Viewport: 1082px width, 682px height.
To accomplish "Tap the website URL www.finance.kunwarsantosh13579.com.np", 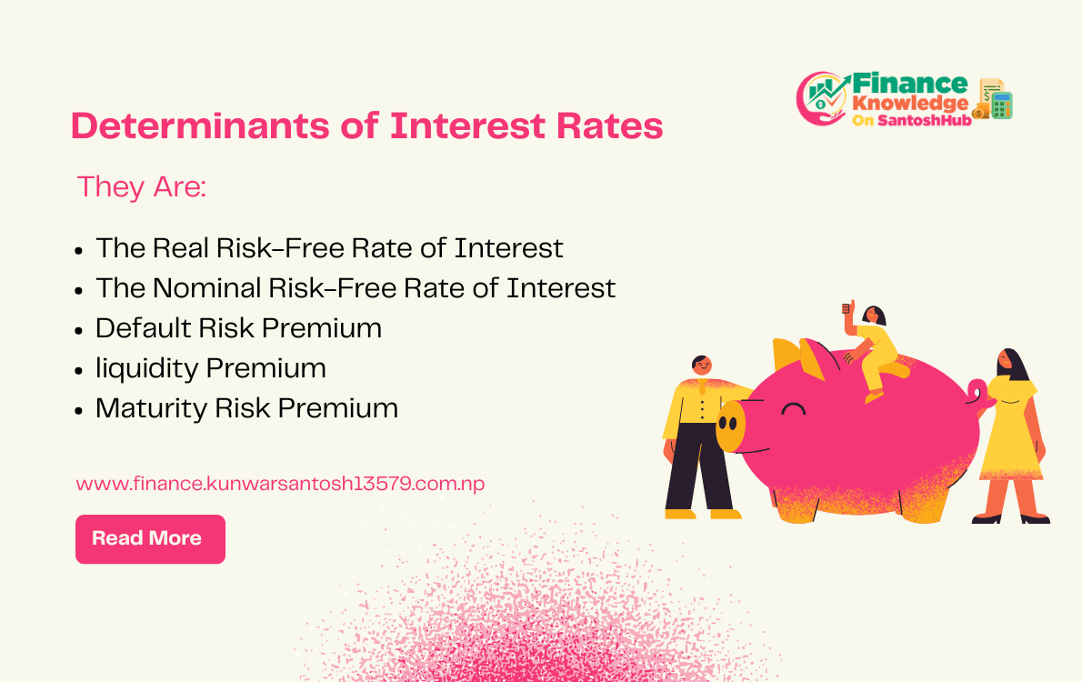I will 280,483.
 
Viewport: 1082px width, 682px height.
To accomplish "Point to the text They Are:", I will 142,186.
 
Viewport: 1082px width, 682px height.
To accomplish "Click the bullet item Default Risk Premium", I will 238,327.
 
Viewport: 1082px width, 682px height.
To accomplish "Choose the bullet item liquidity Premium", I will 210,367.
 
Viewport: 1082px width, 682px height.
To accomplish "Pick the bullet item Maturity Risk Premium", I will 246,407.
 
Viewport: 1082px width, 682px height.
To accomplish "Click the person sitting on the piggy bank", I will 874,350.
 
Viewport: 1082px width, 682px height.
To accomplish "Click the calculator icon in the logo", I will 1002,105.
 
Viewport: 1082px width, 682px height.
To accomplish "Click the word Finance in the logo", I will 909,85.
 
